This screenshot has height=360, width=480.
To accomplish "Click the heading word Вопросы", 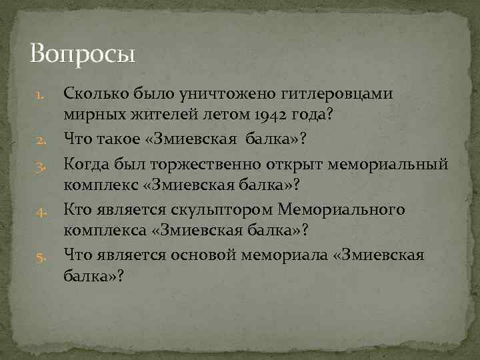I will pyautogui.click(x=83, y=53).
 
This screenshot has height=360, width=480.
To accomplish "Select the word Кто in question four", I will pyautogui.click(x=77, y=211).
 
